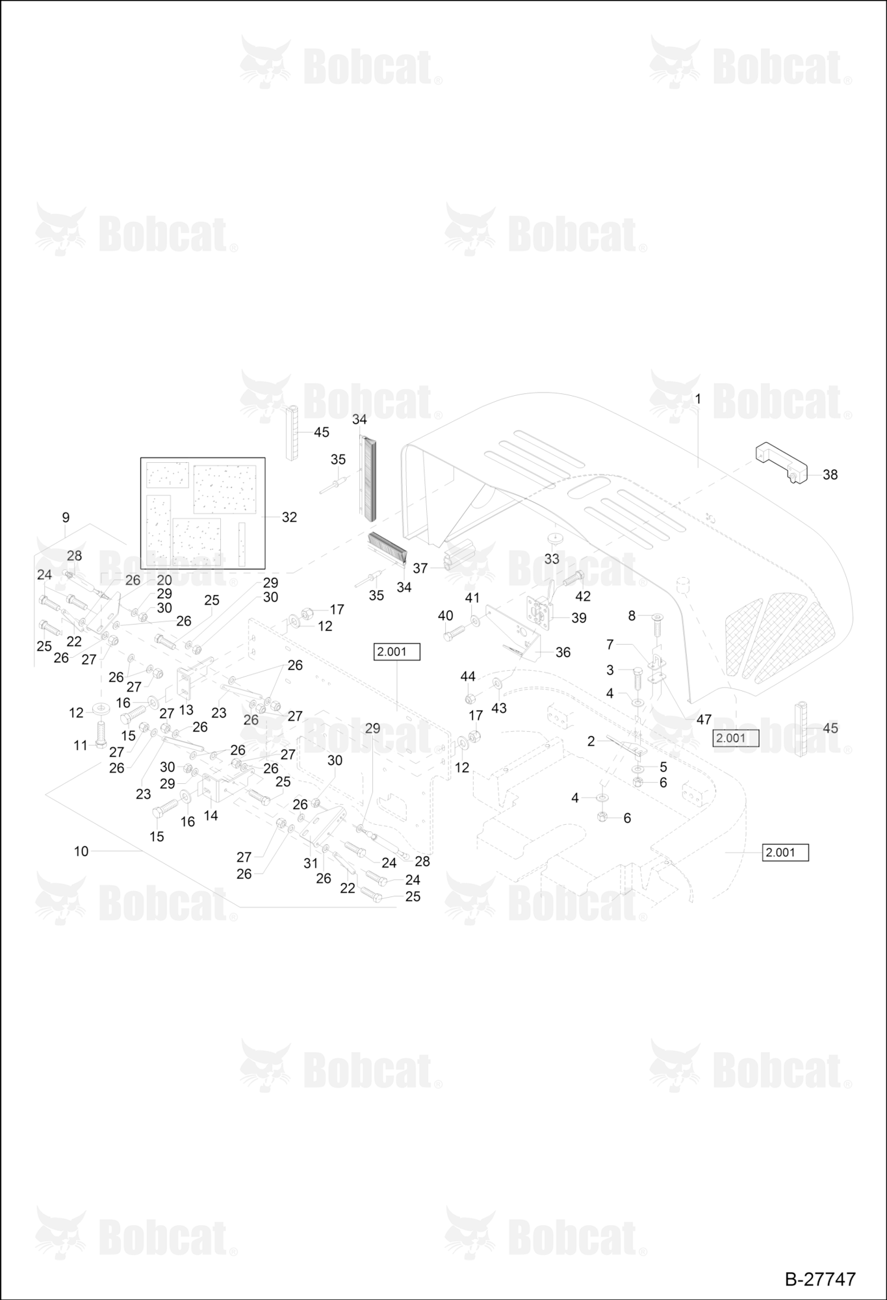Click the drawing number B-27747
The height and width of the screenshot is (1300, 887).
[820, 1279]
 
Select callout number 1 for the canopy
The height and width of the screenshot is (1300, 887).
[698, 398]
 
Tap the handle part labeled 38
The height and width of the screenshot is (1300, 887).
[780, 463]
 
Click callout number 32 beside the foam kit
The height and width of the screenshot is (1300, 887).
[289, 517]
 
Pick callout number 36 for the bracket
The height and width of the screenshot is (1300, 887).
[563, 652]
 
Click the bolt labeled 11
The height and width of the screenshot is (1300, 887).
[100, 734]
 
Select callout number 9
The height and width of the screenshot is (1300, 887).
[66, 517]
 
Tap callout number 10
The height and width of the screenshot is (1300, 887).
[81, 851]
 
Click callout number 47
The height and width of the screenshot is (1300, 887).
[704, 720]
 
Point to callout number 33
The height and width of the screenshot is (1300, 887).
[552, 558]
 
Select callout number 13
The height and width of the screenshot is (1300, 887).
[186, 710]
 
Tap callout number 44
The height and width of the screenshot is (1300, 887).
[468, 677]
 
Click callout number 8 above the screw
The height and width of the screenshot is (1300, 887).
[631, 616]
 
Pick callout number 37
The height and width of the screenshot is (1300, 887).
[420, 568]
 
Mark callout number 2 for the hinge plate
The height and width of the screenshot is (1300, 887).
[591, 741]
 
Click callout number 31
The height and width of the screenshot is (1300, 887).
[311, 863]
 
